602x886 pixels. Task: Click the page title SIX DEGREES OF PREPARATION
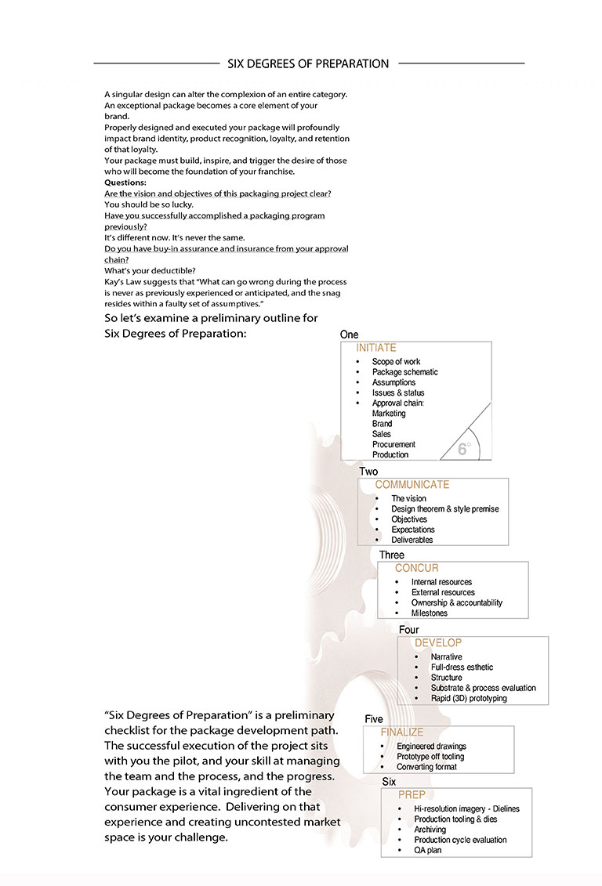click(x=308, y=63)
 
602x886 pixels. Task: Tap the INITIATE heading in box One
click(x=376, y=348)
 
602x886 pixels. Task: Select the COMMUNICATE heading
click(x=412, y=485)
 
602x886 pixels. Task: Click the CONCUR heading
click(x=417, y=568)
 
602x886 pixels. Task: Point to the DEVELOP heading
click(x=438, y=643)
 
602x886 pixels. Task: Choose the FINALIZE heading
click(x=402, y=732)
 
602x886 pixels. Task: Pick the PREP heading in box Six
click(x=412, y=795)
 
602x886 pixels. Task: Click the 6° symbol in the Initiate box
click(x=463, y=449)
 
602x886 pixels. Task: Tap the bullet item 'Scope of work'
click(x=397, y=362)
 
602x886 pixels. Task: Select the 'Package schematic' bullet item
click(x=405, y=372)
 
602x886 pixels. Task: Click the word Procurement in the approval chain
click(x=393, y=444)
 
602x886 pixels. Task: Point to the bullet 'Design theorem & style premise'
click(x=445, y=509)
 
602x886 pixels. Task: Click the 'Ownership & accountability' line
click(x=457, y=603)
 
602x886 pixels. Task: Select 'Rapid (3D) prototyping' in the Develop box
click(x=469, y=698)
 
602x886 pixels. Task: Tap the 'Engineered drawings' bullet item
click(x=431, y=747)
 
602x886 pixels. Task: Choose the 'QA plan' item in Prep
click(x=428, y=850)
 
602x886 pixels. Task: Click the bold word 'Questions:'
click(x=125, y=183)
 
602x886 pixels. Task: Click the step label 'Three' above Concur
click(x=392, y=555)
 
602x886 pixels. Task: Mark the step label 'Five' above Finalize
click(x=374, y=719)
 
